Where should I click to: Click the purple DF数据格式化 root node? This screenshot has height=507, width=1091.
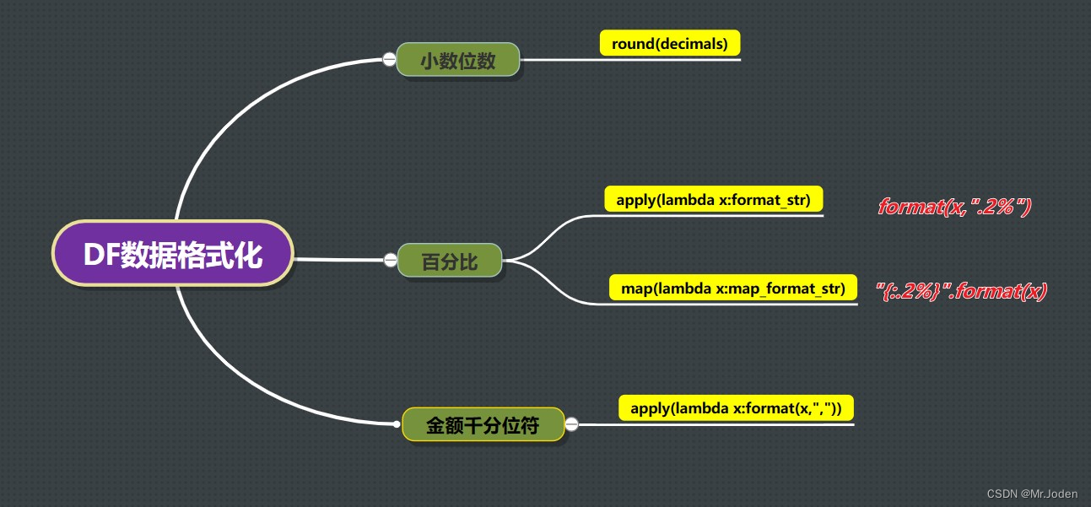coord(173,254)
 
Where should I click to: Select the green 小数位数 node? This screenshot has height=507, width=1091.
coord(458,60)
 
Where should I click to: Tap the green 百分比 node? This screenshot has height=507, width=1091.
coord(450,262)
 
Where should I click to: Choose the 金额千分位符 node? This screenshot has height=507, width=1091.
coord(483,424)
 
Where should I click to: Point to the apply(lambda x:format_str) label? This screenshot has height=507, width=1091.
coord(713,200)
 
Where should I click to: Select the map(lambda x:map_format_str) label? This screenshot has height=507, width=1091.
coord(732,288)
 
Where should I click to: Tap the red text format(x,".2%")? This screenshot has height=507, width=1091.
coord(954,207)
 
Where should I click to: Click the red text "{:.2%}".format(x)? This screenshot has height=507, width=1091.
coord(961,292)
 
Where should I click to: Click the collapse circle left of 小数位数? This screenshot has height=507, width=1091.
coord(389,59)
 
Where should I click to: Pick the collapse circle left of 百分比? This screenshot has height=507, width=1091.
coord(390,259)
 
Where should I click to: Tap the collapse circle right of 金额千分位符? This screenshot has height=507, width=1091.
coord(571,424)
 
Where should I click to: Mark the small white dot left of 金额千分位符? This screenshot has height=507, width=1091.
coord(397,423)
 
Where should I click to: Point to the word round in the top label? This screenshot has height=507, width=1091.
coord(630,44)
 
